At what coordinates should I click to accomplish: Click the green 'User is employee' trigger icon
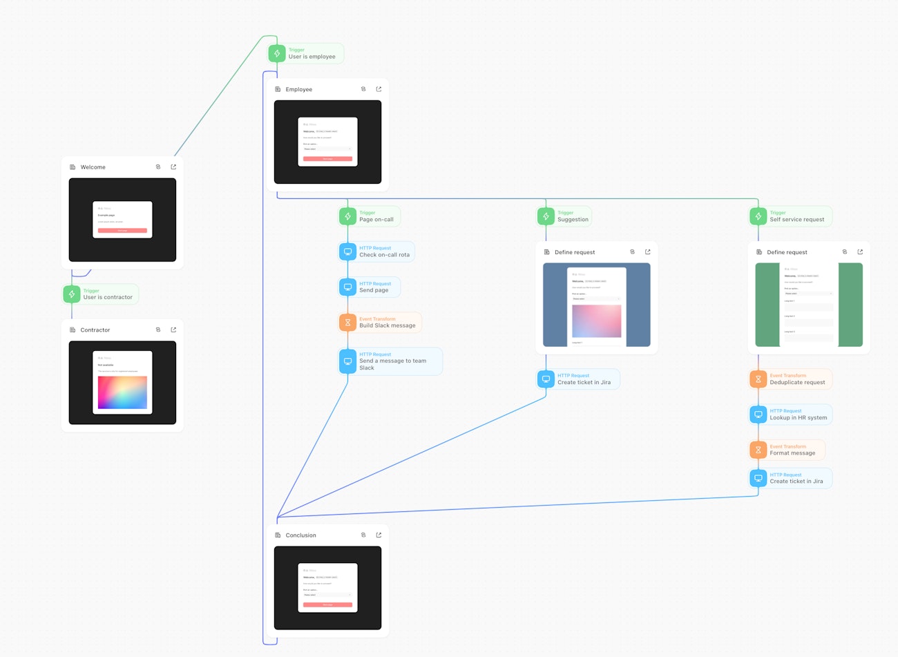(277, 53)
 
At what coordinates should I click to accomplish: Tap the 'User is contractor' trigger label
(108, 297)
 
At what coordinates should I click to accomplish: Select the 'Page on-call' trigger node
(376, 220)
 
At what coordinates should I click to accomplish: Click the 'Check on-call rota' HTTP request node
(384, 255)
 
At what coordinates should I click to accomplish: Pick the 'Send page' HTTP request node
(374, 290)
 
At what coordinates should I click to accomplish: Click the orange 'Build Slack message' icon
(347, 323)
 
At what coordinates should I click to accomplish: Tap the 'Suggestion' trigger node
(573, 220)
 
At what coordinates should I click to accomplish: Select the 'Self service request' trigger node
(796, 220)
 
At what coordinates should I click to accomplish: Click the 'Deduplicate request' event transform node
(797, 382)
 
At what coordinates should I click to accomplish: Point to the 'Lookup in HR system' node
(798, 417)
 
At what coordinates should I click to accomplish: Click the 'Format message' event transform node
(792, 453)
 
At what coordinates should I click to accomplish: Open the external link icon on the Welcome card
(173, 167)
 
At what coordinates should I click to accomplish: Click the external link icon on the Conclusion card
(379, 535)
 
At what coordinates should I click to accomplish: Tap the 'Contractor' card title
(95, 330)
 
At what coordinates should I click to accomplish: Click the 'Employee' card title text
(299, 90)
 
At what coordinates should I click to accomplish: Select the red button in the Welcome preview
(122, 230)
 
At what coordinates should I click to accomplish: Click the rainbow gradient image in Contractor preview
(122, 392)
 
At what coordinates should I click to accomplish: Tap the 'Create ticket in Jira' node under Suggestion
(584, 382)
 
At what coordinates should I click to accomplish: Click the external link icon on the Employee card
(379, 89)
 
